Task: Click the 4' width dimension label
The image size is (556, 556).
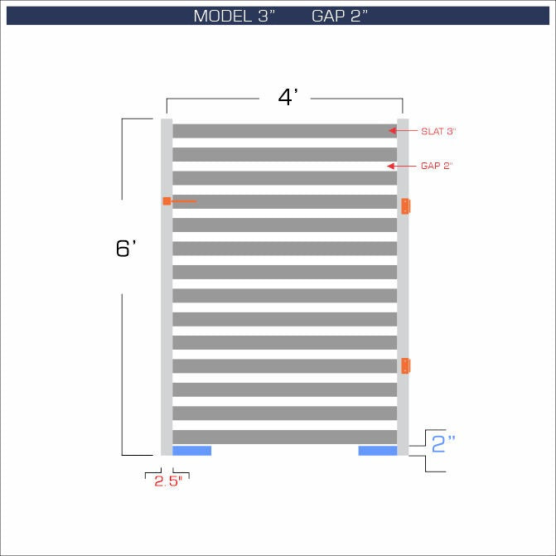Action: pos(288,97)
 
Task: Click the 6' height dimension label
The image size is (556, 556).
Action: pos(126,248)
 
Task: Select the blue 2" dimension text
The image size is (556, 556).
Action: pos(444,444)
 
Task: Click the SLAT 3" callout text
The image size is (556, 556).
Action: pos(438,131)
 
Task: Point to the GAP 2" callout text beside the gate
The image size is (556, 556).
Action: pos(437,166)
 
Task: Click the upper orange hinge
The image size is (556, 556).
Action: pos(406,206)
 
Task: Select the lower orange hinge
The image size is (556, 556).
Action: pos(406,365)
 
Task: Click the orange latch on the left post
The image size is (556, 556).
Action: pos(167,201)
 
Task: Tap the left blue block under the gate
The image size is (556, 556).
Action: pos(191,451)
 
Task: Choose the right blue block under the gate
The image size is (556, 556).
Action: pos(377,451)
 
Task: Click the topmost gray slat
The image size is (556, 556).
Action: pos(284,131)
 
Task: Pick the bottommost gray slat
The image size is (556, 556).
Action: pos(284,437)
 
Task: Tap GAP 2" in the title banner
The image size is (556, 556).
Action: pos(341,17)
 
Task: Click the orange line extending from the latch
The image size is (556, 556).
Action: pos(185,201)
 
